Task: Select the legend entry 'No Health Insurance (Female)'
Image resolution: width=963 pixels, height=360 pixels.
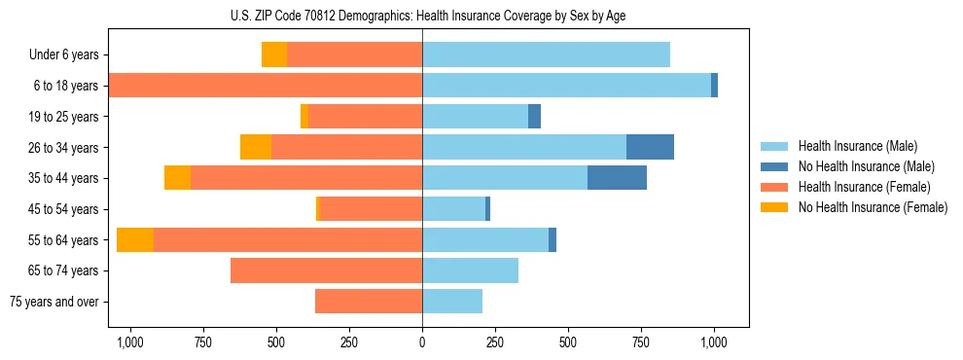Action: (x=873, y=207)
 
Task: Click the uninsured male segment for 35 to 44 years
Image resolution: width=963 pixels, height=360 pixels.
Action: (x=617, y=178)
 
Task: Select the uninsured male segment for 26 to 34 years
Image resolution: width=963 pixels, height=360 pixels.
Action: (x=650, y=147)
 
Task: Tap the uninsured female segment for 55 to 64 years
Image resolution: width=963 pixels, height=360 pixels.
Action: (x=135, y=239)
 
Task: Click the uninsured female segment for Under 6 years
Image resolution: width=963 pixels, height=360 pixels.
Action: (x=274, y=54)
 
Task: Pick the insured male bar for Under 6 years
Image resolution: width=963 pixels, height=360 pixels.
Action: (x=546, y=54)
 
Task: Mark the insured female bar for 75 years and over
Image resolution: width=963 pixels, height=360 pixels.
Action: (x=369, y=302)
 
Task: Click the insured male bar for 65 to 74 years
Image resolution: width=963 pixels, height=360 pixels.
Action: (x=470, y=270)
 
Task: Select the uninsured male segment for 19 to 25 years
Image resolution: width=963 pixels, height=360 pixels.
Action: (x=534, y=117)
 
